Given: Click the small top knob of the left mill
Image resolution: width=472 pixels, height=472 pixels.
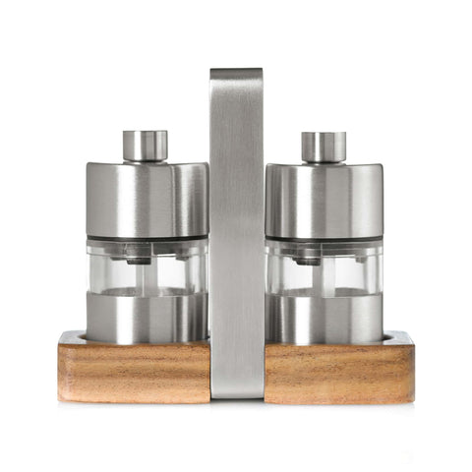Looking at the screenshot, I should point(146,146).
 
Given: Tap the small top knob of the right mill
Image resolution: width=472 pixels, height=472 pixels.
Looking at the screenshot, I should point(324,147).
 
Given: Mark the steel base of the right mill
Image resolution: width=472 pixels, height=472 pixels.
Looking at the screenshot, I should point(325,317).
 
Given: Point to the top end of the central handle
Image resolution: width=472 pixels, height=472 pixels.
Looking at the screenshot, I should point(236,75).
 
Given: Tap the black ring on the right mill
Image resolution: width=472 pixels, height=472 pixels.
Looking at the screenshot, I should point(325,239).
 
